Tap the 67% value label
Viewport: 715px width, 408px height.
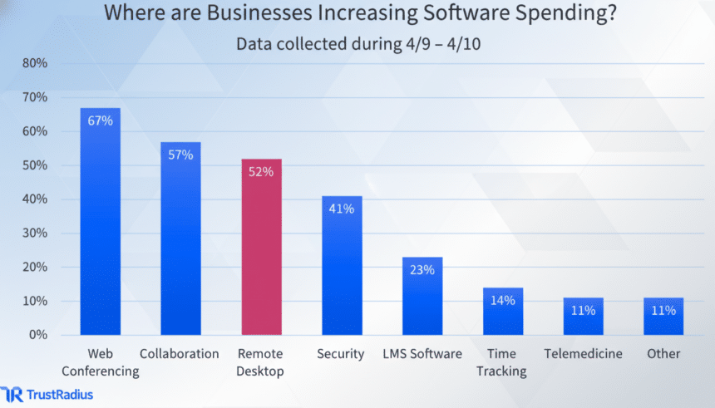(x=100, y=120)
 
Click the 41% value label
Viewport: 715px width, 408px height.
(x=342, y=209)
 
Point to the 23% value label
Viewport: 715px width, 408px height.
(x=422, y=269)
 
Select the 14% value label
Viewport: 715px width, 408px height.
(x=503, y=300)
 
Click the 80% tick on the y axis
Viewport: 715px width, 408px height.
(x=35, y=63)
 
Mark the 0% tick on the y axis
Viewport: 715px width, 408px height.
(x=38, y=335)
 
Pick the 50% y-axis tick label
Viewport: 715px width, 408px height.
(x=35, y=165)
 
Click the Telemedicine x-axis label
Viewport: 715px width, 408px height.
(x=583, y=354)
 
